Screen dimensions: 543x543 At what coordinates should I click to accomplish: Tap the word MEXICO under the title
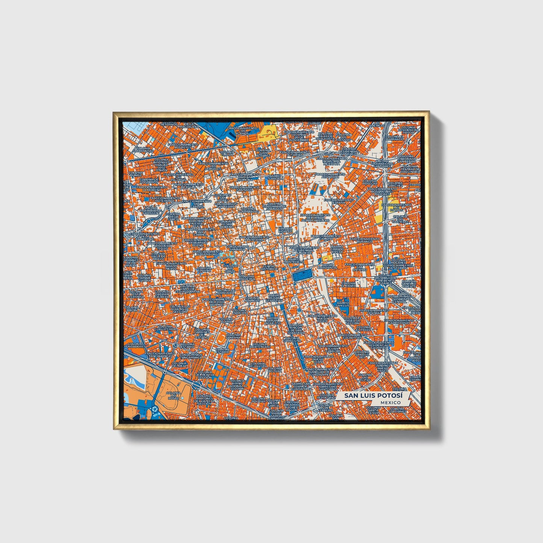tap(390, 402)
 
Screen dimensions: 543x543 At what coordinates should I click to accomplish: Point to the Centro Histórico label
tap(269, 268)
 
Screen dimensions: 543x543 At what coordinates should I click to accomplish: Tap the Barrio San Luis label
tap(342, 303)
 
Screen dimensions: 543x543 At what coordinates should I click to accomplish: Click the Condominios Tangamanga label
tap(191, 355)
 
